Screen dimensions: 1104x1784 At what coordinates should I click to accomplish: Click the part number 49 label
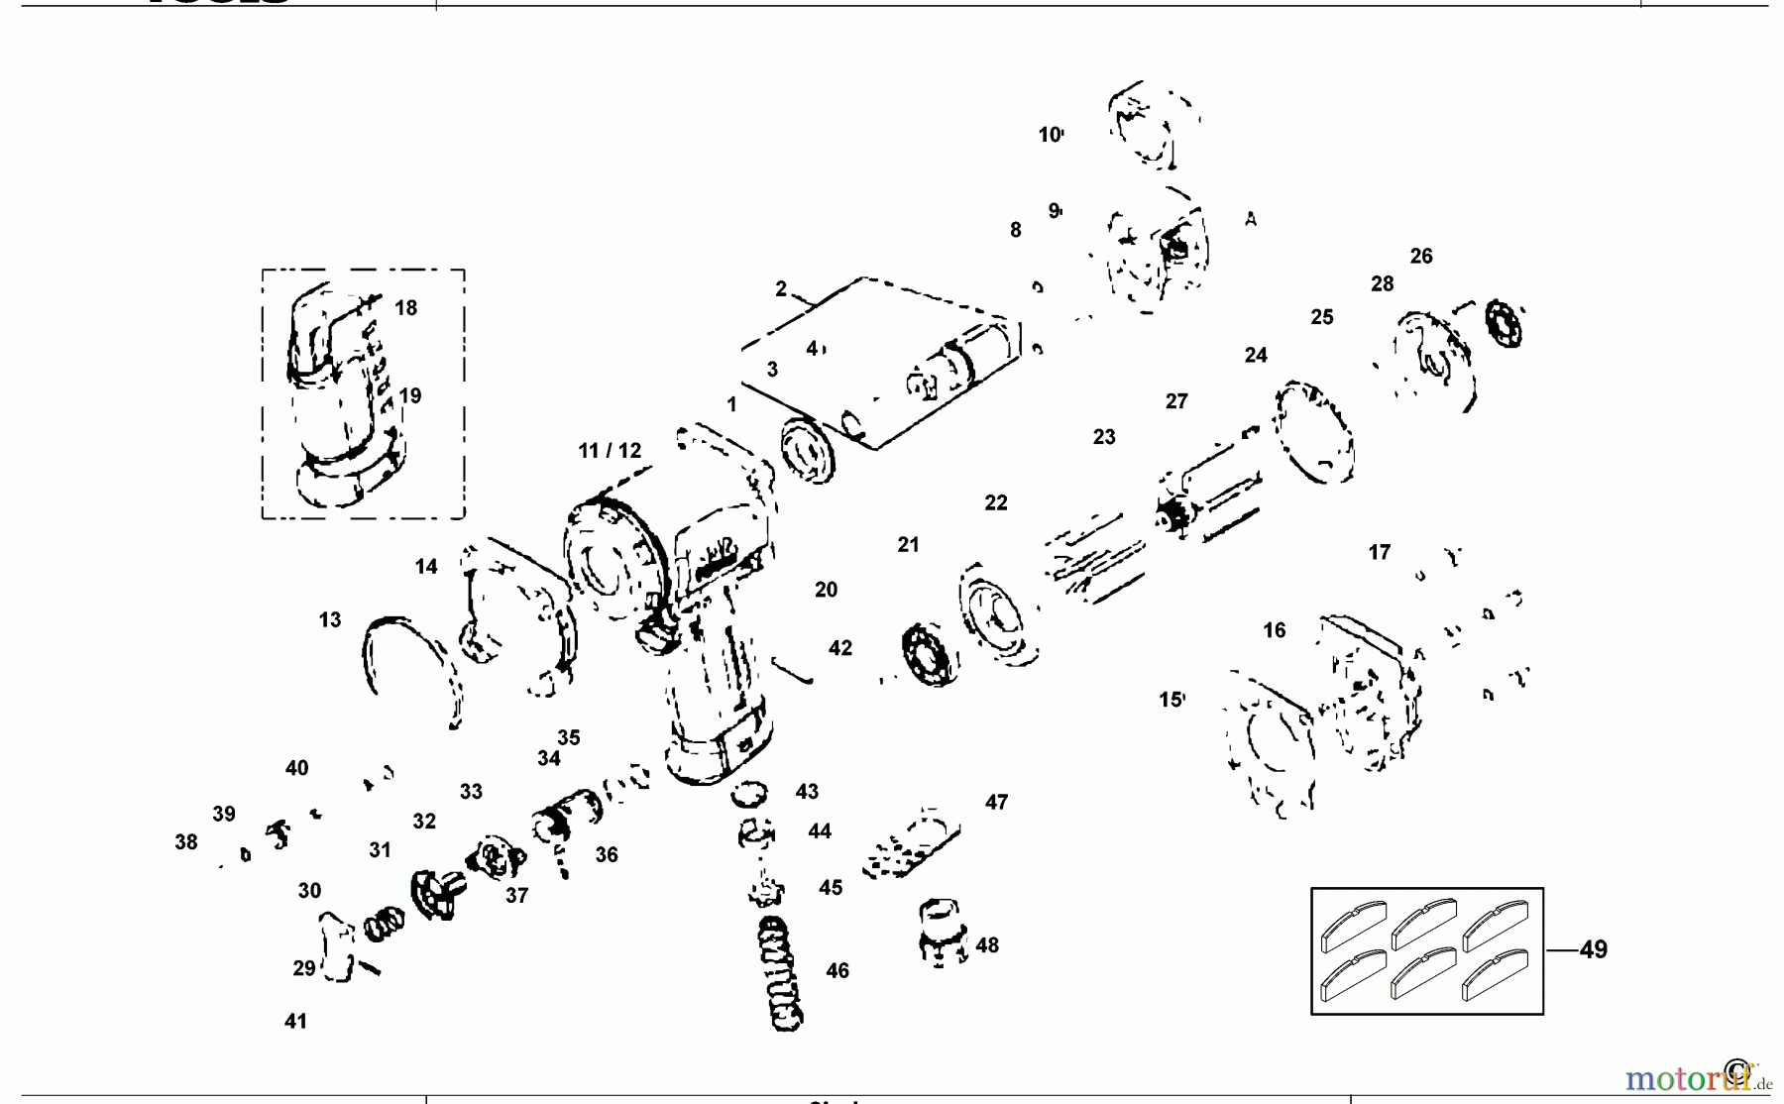coord(1593,949)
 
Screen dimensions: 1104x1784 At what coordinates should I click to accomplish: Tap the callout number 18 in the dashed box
coord(405,307)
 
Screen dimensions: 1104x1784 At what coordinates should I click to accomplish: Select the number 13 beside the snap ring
coord(330,619)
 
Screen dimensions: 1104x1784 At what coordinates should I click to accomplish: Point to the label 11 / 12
coord(610,450)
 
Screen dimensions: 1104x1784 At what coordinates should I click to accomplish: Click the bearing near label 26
coord(1505,323)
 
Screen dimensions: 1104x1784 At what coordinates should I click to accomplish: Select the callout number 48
coord(987,944)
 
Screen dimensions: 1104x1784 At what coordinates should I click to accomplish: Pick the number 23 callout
coord(1104,437)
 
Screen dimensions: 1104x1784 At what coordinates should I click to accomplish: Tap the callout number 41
coord(295,1021)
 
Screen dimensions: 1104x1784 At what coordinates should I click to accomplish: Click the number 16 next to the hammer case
coord(1275,629)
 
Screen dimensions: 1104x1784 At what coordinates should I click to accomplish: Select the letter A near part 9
coord(1251,219)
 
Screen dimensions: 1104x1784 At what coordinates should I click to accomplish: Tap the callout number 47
coord(996,802)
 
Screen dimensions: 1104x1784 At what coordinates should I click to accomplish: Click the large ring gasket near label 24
coord(1312,432)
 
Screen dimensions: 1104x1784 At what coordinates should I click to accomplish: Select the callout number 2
coord(781,288)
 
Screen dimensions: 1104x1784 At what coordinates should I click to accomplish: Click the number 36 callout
coord(607,854)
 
